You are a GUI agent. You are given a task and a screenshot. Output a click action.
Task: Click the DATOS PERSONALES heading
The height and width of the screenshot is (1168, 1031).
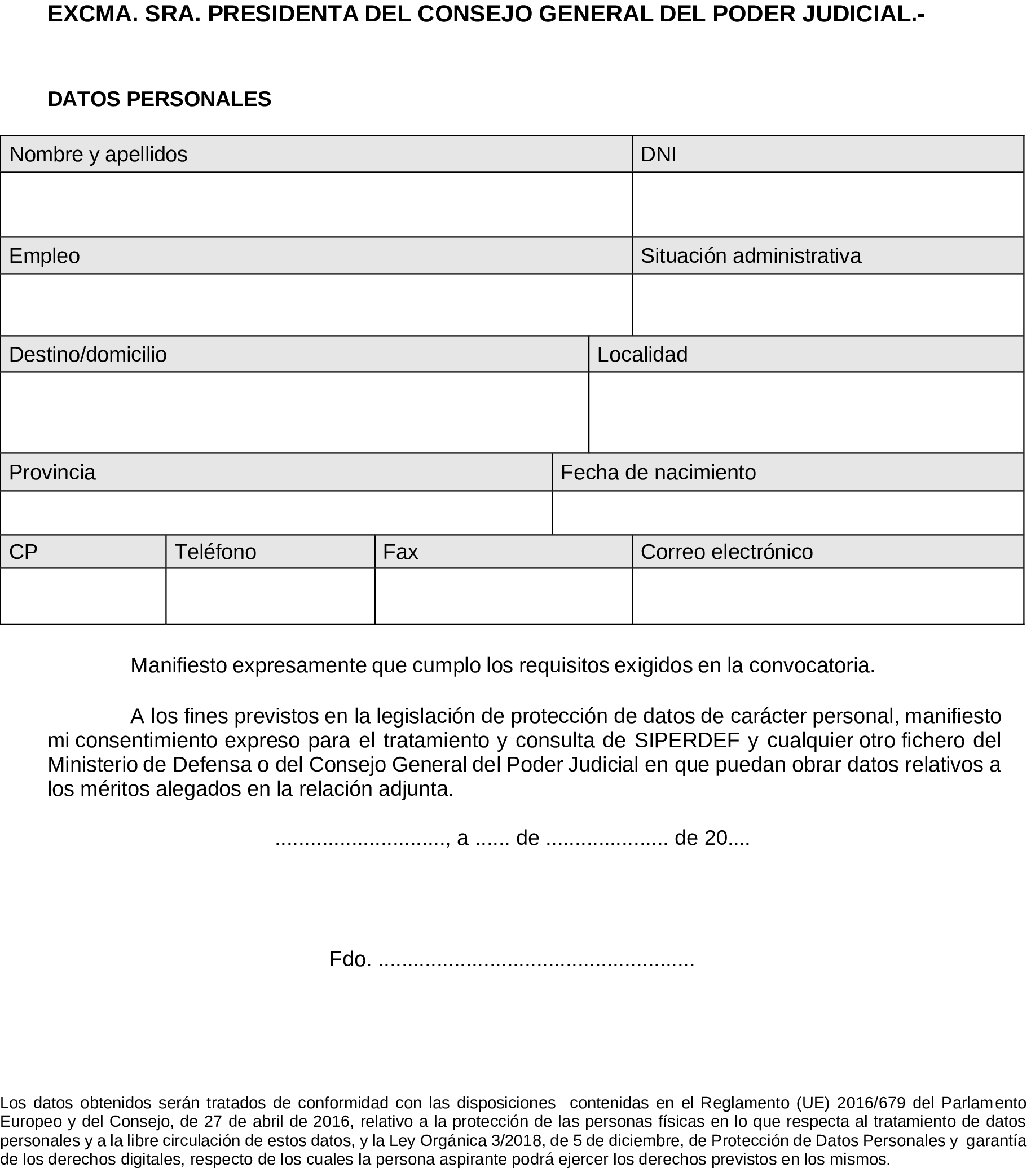click(x=160, y=99)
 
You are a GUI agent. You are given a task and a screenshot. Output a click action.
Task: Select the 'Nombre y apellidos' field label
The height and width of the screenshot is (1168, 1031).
click(x=98, y=155)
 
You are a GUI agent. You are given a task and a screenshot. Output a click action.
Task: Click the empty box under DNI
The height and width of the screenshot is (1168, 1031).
click(x=827, y=205)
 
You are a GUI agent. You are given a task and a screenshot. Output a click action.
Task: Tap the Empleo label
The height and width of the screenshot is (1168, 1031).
click(x=45, y=255)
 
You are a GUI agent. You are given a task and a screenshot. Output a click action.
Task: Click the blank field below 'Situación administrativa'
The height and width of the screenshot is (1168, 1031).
click(x=827, y=305)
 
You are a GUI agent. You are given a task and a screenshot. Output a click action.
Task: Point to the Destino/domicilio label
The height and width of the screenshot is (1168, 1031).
click(x=88, y=354)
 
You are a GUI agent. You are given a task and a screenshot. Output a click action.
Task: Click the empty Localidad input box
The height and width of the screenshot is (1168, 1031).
click(x=806, y=413)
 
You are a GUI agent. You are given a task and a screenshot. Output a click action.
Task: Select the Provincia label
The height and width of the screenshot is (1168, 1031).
click(x=52, y=473)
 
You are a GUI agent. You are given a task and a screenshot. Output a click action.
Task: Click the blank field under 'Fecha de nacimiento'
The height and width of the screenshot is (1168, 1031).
click(x=787, y=513)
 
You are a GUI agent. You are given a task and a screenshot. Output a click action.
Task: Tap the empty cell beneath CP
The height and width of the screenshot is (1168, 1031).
click(x=83, y=596)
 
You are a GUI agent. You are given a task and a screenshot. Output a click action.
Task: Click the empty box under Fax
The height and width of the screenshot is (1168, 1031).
click(x=503, y=596)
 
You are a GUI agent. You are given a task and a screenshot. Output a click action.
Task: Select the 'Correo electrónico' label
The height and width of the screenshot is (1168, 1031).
click(x=726, y=552)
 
